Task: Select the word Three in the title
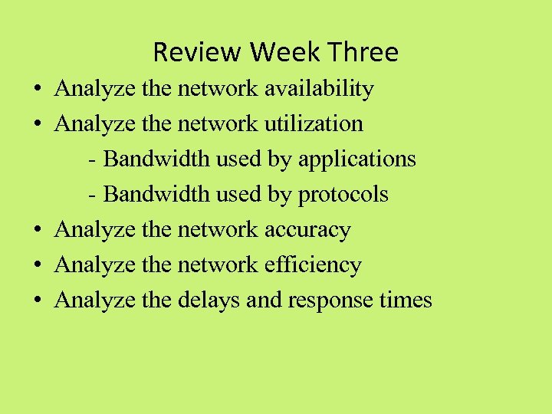[364, 52]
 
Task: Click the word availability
[319, 89]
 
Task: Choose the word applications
[357, 159]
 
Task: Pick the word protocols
[343, 195]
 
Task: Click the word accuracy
[307, 229]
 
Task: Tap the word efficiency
[313, 264]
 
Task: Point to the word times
[406, 300]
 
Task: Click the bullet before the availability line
[37, 90]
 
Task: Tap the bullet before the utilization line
[37, 124]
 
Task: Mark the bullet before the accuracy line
[37, 230]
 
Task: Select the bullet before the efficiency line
[37, 265]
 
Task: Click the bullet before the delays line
[37, 301]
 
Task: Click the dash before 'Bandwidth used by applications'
[92, 160]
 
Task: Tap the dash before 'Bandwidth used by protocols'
[92, 195]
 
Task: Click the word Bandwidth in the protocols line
[156, 195]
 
